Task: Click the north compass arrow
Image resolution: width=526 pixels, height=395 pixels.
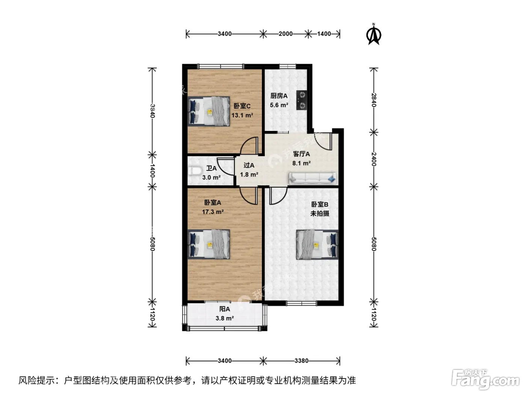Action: pyautogui.click(x=373, y=34)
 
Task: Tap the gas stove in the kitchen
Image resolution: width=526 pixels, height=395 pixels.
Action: pyautogui.click(x=302, y=100)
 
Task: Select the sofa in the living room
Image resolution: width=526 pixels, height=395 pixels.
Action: pyautogui.click(x=313, y=178)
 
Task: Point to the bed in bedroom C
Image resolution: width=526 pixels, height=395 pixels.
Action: pyautogui.click(x=209, y=111)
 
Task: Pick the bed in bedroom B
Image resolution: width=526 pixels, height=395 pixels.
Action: pyautogui.click(x=317, y=245)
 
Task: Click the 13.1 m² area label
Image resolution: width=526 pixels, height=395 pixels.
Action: pyautogui.click(x=242, y=115)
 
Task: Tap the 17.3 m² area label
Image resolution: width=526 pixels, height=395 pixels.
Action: pyautogui.click(x=213, y=212)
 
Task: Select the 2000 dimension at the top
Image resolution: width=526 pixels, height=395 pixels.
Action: pyautogui.click(x=286, y=34)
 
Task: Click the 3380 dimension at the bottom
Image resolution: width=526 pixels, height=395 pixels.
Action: pyautogui.click(x=301, y=361)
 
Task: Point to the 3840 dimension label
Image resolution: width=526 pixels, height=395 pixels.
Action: pyautogui.click(x=153, y=111)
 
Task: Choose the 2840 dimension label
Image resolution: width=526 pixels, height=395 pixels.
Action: pyautogui.click(x=374, y=100)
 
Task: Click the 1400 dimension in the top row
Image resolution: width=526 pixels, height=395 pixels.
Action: pyautogui.click(x=324, y=34)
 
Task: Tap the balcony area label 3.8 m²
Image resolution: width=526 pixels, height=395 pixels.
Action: pyautogui.click(x=225, y=318)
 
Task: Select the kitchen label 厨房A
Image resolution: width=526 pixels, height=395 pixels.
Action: pyautogui.click(x=279, y=96)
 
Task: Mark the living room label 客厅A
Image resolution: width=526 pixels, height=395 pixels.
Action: pyautogui.click(x=301, y=154)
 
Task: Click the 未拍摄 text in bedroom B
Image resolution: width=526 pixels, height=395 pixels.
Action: pyautogui.click(x=320, y=213)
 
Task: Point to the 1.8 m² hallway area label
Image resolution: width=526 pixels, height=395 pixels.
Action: pyautogui.click(x=249, y=175)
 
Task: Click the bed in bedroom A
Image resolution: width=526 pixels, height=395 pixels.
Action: pyautogui.click(x=209, y=245)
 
